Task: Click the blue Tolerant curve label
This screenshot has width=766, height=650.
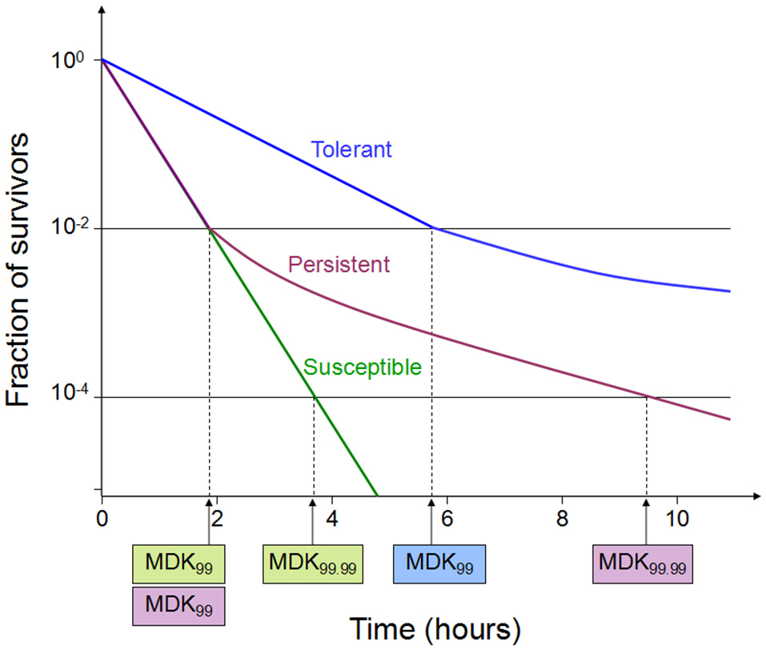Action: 351,150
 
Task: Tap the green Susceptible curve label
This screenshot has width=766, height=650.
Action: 363,367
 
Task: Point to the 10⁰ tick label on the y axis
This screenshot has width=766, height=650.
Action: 72,61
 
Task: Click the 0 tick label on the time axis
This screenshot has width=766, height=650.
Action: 102,517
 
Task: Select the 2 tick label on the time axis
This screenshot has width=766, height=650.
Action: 217,517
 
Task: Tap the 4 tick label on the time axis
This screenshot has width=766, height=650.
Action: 332,517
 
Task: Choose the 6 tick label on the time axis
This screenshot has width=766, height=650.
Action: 447,517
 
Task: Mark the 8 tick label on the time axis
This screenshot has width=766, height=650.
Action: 562,517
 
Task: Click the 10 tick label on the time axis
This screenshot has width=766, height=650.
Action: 676,517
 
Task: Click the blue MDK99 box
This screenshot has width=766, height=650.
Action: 439,564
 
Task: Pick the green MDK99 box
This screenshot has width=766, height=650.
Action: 178,564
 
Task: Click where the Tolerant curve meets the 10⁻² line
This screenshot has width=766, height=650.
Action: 432,229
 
